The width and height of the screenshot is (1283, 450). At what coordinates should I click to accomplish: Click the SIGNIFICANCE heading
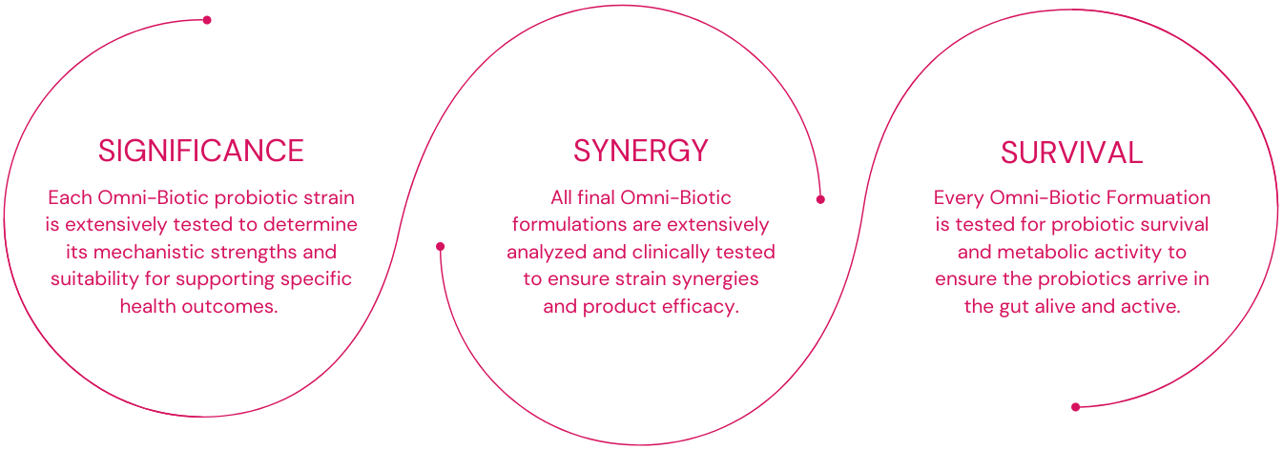pyautogui.click(x=201, y=151)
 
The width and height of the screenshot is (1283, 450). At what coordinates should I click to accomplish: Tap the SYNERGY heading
pyautogui.click(x=641, y=151)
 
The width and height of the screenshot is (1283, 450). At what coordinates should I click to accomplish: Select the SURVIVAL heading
pyautogui.click(x=1071, y=153)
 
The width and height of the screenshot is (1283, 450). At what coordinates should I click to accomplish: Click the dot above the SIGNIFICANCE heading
pyautogui.click(x=207, y=20)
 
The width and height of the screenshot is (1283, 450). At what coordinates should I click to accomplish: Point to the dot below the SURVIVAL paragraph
pyautogui.click(x=1075, y=407)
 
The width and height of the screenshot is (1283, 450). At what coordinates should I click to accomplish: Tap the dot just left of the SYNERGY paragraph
pyautogui.click(x=441, y=246)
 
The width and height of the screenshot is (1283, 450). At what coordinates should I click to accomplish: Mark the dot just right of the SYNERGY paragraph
pyautogui.click(x=820, y=199)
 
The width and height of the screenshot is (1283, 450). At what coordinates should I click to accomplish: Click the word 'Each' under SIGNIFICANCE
pyautogui.click(x=70, y=198)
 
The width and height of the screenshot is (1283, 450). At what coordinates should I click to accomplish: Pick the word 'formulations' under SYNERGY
pyautogui.click(x=563, y=225)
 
